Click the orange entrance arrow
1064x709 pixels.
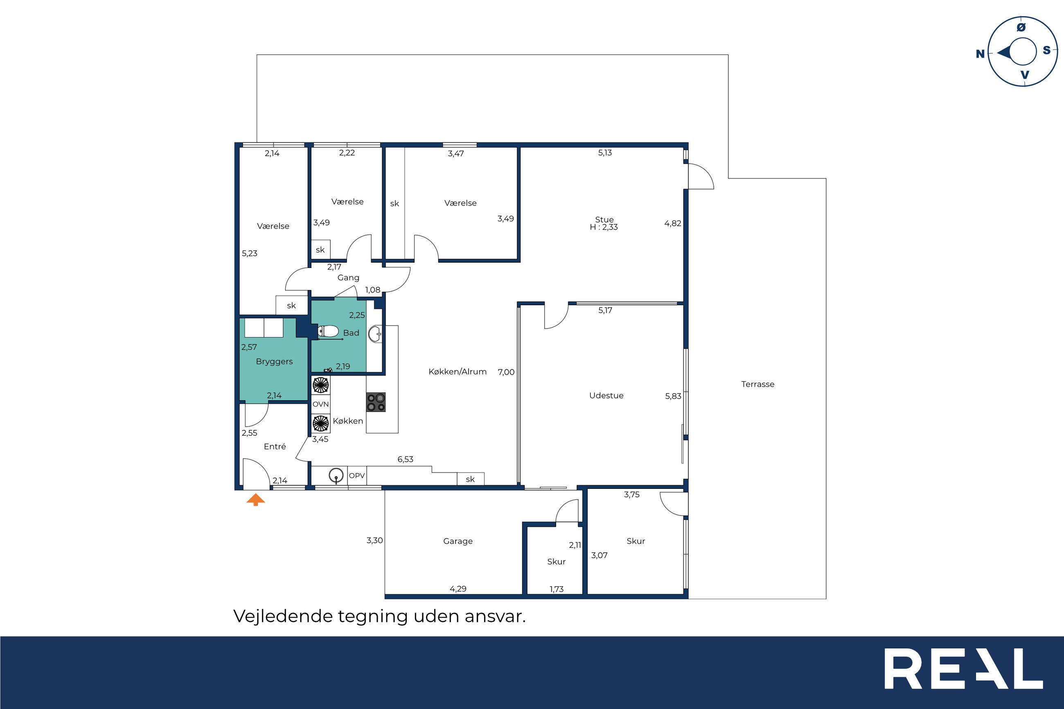[x=255, y=500]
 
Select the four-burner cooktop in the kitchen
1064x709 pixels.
[x=376, y=402]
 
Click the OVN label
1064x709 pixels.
[x=320, y=404]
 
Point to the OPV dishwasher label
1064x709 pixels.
[x=357, y=476]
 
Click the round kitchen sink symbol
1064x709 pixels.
[x=335, y=476]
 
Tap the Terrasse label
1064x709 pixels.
[x=758, y=384]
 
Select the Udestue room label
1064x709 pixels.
[x=606, y=396]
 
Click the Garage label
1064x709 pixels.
[x=458, y=541]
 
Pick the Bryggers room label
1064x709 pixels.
[x=274, y=362]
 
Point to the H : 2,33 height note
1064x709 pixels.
[x=604, y=227]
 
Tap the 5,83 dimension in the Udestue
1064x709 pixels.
[x=673, y=396]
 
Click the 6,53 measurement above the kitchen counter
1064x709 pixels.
[x=405, y=459]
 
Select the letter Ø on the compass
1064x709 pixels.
[x=1021, y=27]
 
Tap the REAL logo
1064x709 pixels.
[x=963, y=675]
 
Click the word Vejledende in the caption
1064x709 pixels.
[x=283, y=616]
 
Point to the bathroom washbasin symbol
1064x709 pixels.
[x=375, y=334]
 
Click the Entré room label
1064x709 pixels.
[x=275, y=447]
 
